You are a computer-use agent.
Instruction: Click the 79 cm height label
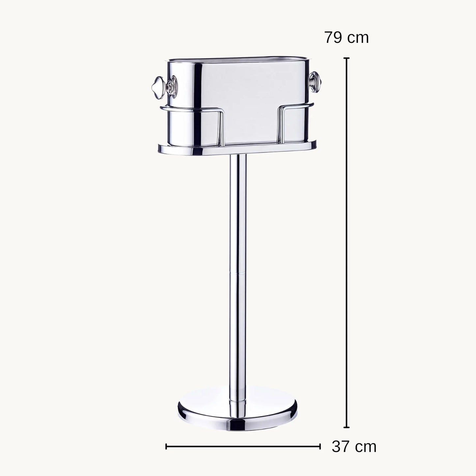click(x=347, y=38)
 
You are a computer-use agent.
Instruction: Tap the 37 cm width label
click(x=354, y=447)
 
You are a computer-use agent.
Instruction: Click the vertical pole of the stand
click(x=238, y=231)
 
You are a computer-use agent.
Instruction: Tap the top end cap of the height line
click(x=347, y=58)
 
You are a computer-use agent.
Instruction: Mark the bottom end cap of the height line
click(x=347, y=427)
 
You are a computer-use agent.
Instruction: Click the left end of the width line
click(x=166, y=447)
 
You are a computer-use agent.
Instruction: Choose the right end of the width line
click(x=320, y=447)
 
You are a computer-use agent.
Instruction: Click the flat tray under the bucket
click(x=237, y=149)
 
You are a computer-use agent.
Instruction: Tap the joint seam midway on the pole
click(x=238, y=273)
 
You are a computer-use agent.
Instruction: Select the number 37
click(x=341, y=447)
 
